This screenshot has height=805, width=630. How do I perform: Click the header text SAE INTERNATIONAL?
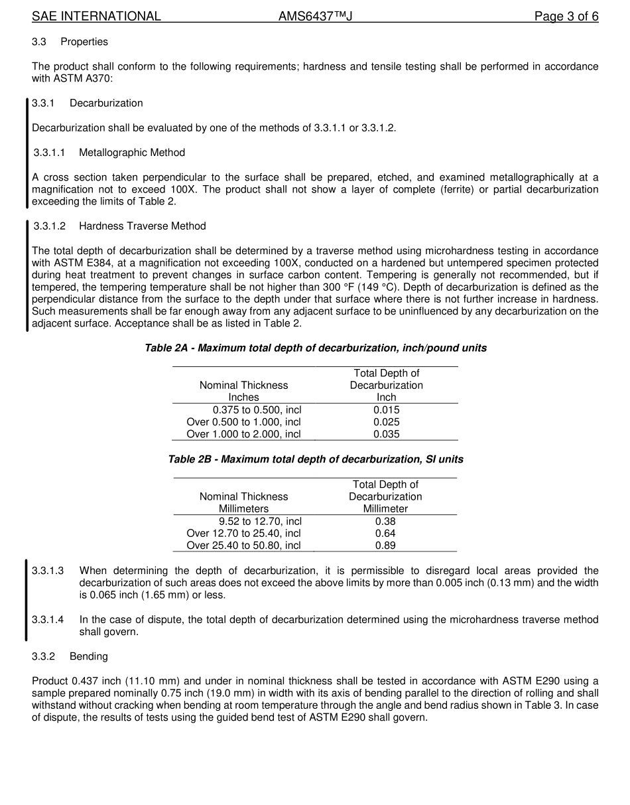click(x=96, y=17)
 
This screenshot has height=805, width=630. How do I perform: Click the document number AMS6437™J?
click(x=315, y=17)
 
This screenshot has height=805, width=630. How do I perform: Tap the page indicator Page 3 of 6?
click(x=566, y=17)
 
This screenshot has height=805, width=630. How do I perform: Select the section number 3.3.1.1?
click(x=50, y=153)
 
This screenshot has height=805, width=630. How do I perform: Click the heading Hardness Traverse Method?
click(x=142, y=226)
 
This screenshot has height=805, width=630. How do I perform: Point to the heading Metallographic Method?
click(x=131, y=153)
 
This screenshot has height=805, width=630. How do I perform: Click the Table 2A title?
click(x=316, y=348)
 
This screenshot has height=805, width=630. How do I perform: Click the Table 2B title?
click(x=316, y=459)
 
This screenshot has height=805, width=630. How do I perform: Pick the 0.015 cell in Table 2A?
click(x=386, y=410)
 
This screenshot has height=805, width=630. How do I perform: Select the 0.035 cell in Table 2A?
click(x=386, y=434)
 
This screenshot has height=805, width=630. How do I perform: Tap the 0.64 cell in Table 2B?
click(x=385, y=534)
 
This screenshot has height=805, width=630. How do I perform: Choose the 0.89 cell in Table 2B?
click(x=385, y=546)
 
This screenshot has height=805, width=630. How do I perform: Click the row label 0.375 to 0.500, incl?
click(x=257, y=410)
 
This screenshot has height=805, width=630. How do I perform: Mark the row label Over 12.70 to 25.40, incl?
click(x=243, y=534)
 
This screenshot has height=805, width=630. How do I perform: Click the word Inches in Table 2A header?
click(x=243, y=398)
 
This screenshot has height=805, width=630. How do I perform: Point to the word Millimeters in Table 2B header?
click(x=243, y=509)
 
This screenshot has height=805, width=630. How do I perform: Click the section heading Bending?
click(x=88, y=656)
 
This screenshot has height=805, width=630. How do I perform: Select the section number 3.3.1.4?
click(x=48, y=620)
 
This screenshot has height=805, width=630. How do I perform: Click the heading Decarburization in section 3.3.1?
click(x=106, y=104)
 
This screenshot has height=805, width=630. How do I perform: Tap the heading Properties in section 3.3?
click(x=84, y=42)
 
